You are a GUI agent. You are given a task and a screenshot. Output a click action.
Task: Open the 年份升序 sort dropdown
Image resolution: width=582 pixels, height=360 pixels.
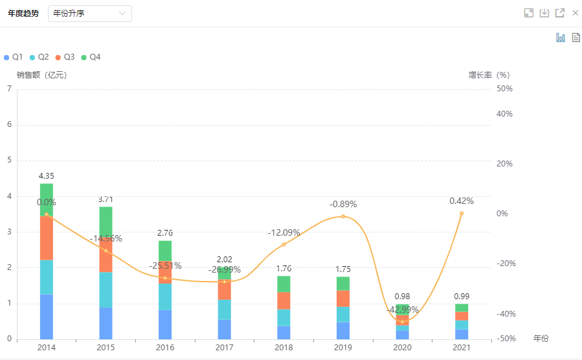[89, 14]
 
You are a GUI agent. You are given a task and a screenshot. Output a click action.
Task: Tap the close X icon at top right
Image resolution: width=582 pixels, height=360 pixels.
[575, 13]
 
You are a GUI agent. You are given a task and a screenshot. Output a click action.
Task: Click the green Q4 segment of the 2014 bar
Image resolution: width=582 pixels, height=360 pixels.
[46, 199]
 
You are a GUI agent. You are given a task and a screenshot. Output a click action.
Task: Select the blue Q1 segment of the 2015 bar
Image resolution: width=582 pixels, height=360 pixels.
[106, 323]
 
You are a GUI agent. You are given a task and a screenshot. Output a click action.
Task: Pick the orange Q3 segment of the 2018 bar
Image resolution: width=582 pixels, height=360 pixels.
[284, 300]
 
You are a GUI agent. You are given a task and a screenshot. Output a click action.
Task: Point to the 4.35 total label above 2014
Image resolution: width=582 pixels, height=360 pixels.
[46, 176]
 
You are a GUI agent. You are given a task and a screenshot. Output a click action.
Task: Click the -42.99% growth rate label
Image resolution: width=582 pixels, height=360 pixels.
[403, 309]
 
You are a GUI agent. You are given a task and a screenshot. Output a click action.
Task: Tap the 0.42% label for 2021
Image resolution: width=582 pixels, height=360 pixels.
[462, 201]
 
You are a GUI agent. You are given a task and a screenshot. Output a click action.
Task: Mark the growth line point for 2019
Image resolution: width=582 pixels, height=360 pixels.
[343, 216]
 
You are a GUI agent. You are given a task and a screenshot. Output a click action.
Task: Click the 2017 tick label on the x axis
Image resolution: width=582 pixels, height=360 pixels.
[224, 348]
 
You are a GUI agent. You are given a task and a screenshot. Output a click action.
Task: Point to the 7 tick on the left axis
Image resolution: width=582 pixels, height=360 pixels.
[9, 89]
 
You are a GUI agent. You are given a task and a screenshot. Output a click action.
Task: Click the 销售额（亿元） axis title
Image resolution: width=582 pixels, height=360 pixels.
[41, 74]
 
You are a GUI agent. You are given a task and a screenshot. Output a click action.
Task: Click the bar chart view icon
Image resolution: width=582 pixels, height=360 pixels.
[561, 38]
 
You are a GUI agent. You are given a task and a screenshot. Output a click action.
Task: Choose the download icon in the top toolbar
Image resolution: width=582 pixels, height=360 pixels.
[544, 13]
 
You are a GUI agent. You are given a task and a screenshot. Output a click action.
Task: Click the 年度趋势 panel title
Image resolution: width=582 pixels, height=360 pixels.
[23, 14]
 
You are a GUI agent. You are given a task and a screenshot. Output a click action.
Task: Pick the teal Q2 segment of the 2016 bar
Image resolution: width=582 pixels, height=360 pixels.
[165, 296]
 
